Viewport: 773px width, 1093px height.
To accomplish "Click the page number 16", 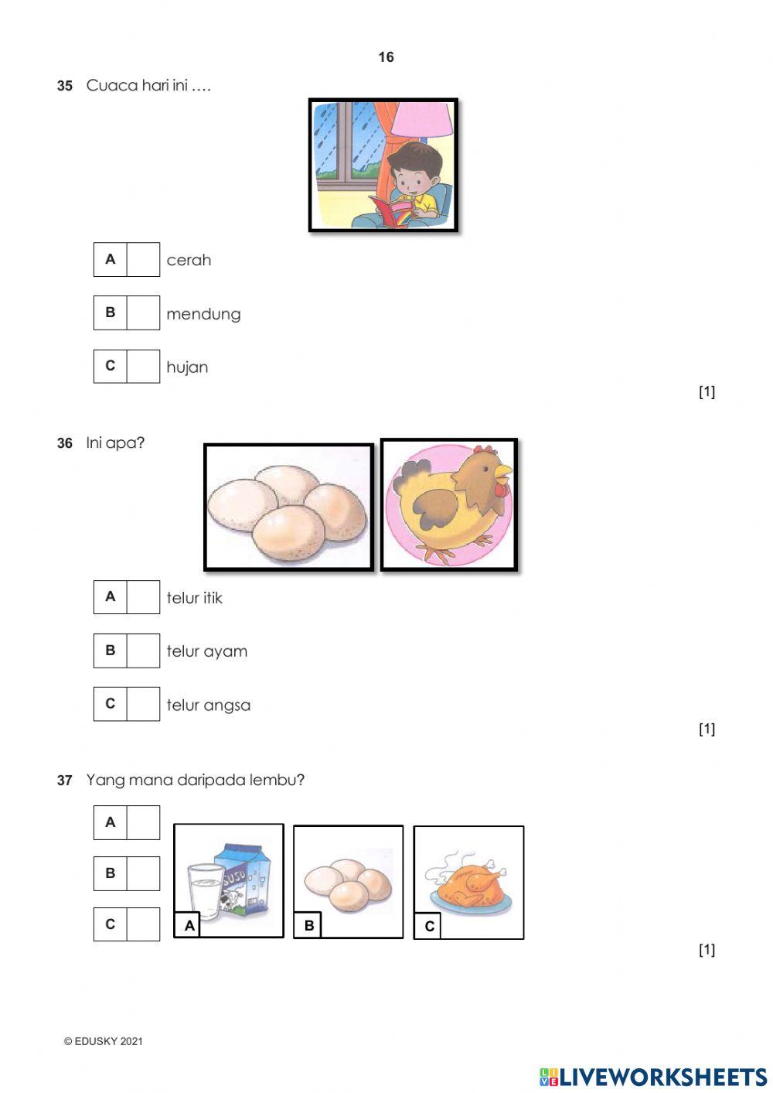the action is pos(386,57).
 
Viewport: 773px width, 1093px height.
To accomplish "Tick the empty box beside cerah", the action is pos(143,259).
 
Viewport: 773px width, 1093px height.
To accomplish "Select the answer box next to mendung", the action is pos(143,313).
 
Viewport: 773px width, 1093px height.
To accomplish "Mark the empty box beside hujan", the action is pos(143,366).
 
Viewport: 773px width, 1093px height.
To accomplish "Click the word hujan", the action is pos(187,367).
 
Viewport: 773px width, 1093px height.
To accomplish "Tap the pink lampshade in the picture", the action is pos(423,120).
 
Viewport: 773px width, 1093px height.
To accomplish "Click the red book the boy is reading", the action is pos(393,211).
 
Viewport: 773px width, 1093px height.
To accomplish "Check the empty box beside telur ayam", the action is pos(143,651).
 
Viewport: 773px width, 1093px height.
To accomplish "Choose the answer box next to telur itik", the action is pos(143,596).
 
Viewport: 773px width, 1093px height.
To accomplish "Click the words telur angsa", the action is pos(208,705).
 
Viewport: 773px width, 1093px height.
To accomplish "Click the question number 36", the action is pos(64,443).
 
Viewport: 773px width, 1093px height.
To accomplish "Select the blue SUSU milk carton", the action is pos(245,879).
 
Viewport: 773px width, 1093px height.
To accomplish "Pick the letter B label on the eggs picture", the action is pos(308,925).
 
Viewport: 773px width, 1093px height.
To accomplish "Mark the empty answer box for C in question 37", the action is pos(143,924).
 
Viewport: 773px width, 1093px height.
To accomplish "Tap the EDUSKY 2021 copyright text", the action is pos(104,1041).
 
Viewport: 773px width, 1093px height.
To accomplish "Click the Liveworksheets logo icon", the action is pos(549,1077).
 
